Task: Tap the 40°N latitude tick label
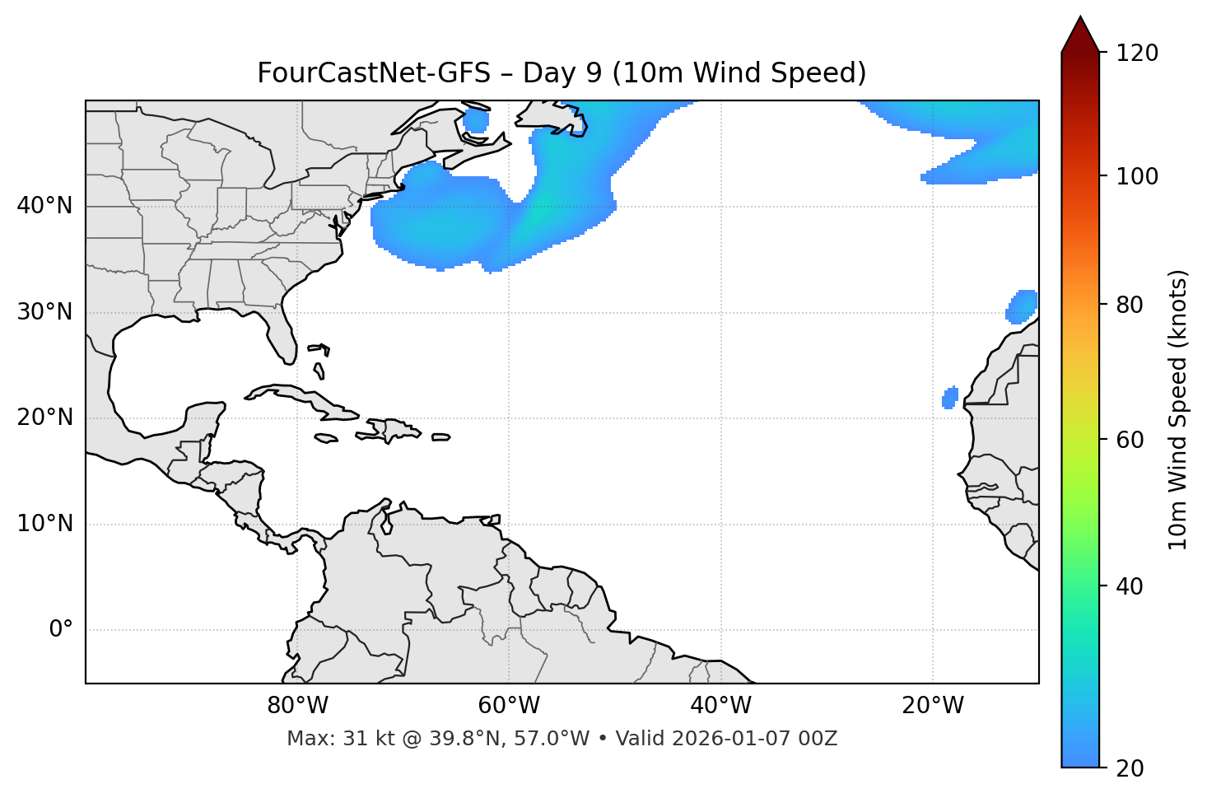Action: point(44,206)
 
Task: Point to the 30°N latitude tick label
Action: point(44,312)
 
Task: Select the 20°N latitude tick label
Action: point(44,418)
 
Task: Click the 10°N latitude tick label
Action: point(44,524)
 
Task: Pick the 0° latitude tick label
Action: point(61,630)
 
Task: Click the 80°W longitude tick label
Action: point(297,706)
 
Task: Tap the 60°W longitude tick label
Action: point(509,706)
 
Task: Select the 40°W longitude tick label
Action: point(720,706)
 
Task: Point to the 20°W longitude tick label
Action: point(933,706)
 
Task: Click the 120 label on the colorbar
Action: point(1137,54)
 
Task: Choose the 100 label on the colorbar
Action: point(1137,176)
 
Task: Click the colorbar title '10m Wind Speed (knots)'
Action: point(1178,409)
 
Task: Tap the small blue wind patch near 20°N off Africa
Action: point(950,398)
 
